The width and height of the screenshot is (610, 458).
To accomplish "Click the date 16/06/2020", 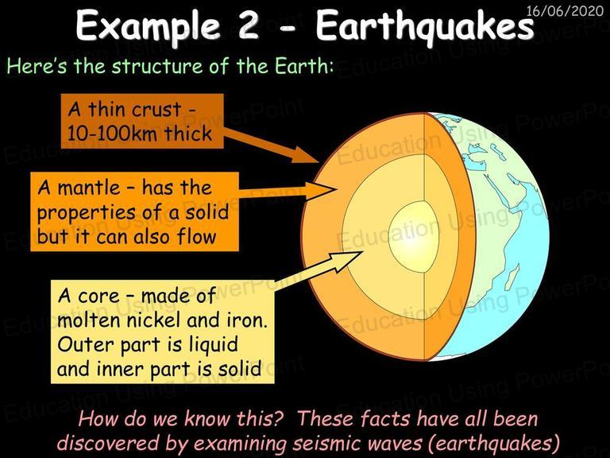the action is [x=564, y=10].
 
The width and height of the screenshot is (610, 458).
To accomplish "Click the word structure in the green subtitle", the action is [x=157, y=65].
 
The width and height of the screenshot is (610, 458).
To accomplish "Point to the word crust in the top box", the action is [x=156, y=110].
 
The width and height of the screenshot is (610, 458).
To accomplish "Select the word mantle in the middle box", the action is [x=89, y=188].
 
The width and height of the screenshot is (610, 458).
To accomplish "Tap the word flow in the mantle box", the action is [x=196, y=235].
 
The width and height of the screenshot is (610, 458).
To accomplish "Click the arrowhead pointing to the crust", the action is [x=307, y=155].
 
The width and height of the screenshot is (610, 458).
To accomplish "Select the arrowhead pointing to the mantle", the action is [x=320, y=191].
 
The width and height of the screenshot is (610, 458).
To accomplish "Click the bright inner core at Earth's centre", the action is [x=408, y=237].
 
